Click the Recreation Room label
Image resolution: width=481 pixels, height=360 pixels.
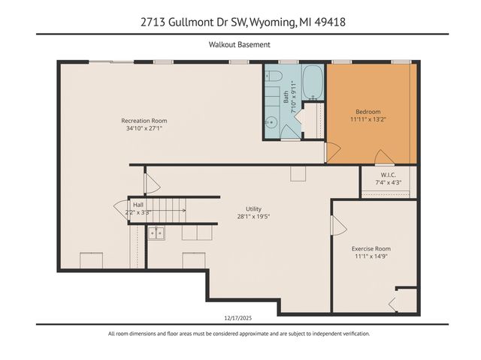coord(144,120)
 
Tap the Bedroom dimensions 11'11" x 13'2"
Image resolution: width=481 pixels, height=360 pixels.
coord(367,118)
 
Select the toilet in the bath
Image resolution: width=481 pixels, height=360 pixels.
coord(274,76)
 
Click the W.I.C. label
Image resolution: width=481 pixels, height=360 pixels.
coord(388,175)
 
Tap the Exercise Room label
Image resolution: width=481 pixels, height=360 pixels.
coord(371,248)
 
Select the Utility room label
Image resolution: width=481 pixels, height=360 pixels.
coord(253,209)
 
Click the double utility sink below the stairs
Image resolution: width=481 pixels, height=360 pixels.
coord(156,233)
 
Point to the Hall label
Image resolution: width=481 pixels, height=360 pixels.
coord(138,204)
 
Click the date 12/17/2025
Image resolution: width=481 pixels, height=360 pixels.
coord(240,317)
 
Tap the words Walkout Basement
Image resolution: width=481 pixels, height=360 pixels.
coord(240,45)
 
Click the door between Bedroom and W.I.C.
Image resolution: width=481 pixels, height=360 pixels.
coord(383,157)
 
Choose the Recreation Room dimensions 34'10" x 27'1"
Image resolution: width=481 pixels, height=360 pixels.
coord(144,128)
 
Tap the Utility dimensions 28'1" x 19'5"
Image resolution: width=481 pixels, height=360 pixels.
coord(253,217)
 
